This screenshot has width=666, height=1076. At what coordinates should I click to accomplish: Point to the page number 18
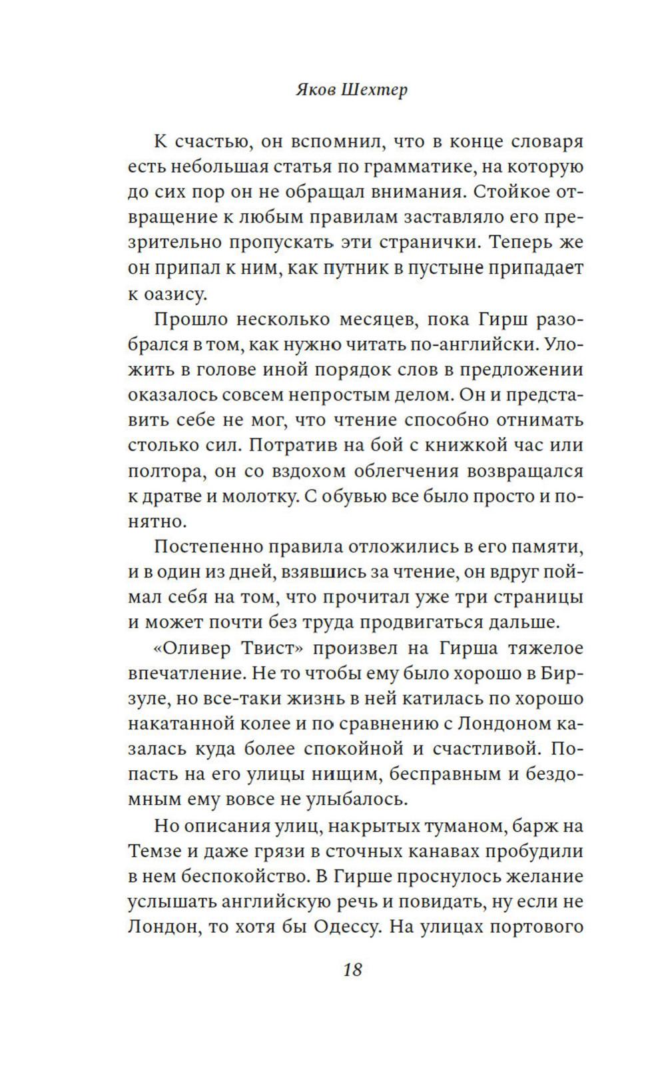tap(352, 969)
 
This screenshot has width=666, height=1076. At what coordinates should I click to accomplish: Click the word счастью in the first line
tap(216, 142)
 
